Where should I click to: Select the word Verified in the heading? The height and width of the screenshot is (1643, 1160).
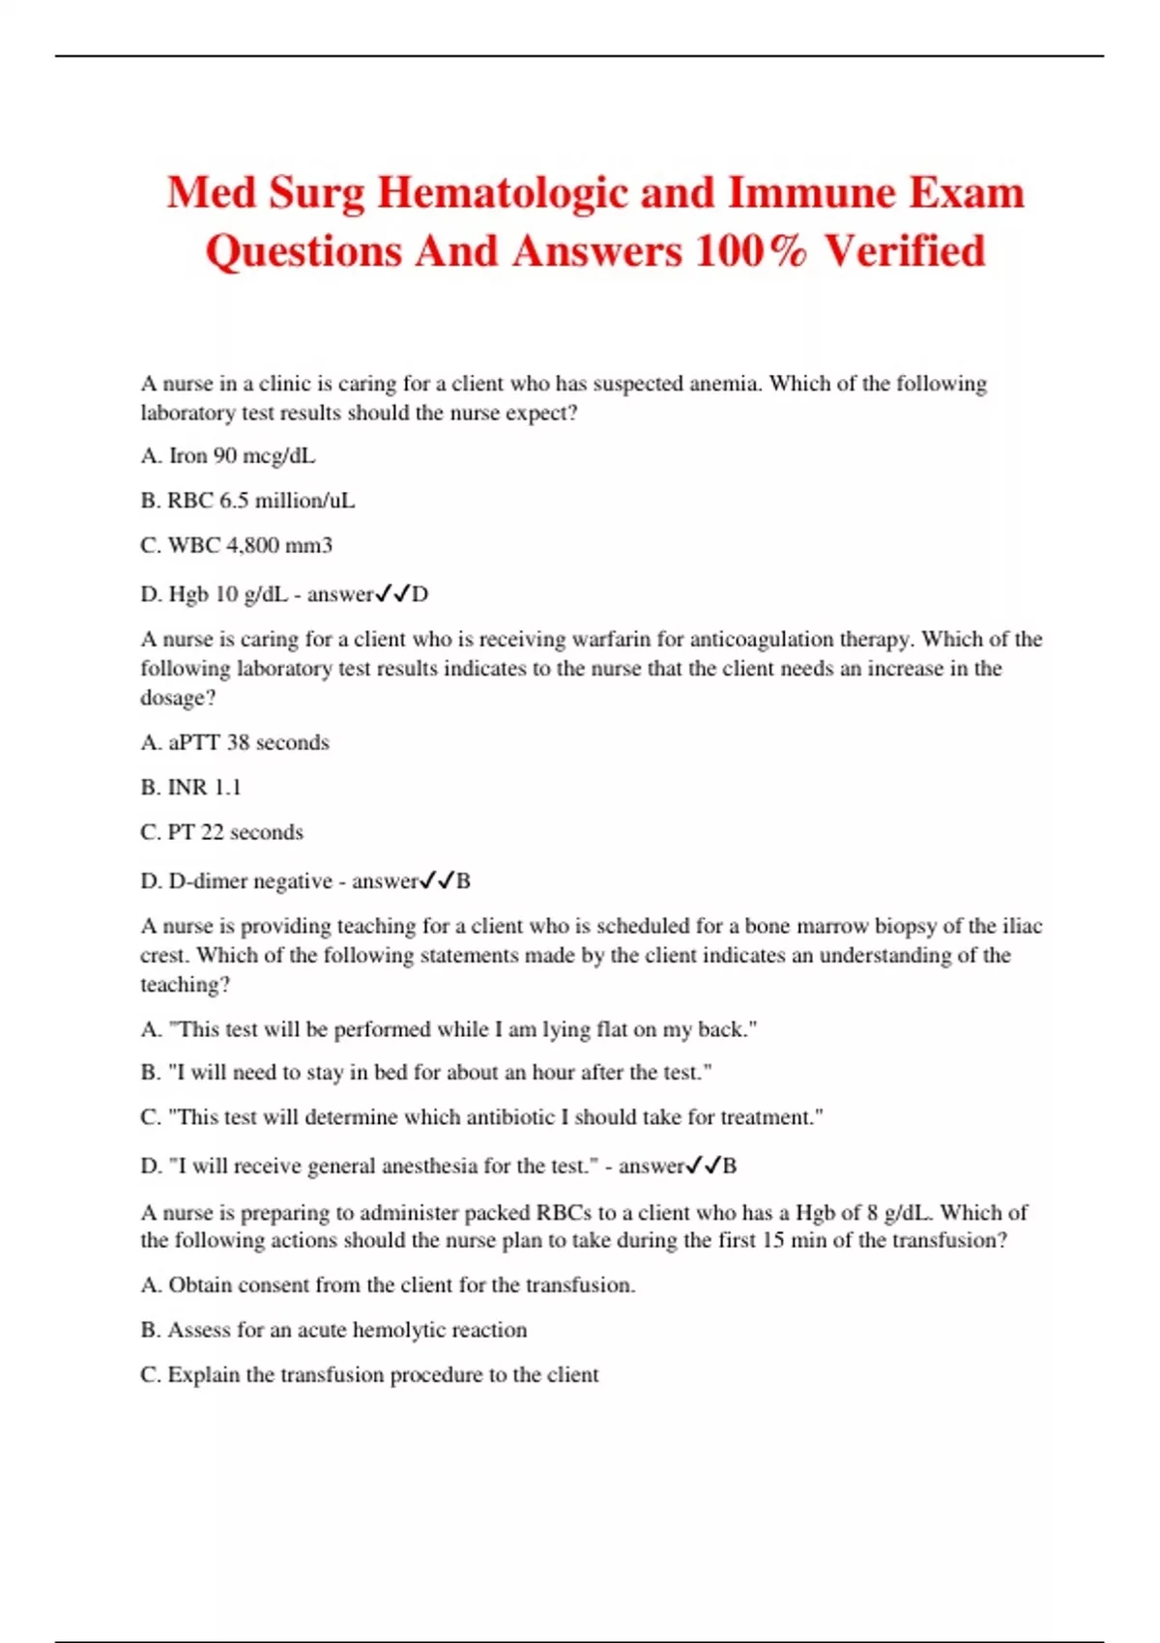coord(905,251)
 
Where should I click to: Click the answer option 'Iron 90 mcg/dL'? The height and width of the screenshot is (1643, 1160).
coord(228,455)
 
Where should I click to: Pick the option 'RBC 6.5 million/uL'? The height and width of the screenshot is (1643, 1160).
coord(247,501)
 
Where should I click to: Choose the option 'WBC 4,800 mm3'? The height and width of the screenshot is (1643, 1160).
coord(236,545)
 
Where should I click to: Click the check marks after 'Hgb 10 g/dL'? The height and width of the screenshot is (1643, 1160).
coord(392,593)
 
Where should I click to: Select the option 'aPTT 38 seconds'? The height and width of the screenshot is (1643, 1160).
coord(235,742)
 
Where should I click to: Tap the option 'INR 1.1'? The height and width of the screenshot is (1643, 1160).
coord(190,788)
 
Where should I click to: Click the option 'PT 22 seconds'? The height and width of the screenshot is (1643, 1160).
coord(221,832)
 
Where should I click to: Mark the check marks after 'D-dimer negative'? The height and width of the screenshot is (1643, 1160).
coord(436,880)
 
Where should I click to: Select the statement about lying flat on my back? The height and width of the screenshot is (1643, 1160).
coord(449,1029)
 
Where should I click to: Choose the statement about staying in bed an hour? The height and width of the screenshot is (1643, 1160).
coord(426,1072)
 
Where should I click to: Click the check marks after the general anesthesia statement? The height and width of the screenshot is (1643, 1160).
coord(703,1166)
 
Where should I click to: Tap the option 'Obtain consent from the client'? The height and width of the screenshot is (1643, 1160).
coord(388,1285)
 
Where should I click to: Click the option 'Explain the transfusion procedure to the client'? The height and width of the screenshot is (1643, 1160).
coord(369,1374)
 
